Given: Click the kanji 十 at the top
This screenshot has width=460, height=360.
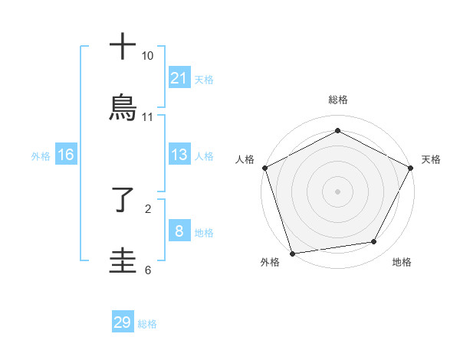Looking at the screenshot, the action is (123, 47).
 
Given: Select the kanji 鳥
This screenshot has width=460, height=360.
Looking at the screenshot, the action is (123, 108).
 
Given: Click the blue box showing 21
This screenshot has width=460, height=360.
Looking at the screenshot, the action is (179, 78).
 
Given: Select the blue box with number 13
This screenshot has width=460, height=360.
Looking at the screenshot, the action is (179, 155).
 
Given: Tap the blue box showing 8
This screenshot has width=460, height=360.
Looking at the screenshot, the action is (179, 231).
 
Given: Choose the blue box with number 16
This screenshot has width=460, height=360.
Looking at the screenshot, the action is (66, 155).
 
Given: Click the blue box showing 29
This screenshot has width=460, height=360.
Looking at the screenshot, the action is (123, 322).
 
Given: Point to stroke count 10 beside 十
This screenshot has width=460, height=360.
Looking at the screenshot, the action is (147, 56).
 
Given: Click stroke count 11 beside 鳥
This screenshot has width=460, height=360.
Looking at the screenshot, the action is (147, 116).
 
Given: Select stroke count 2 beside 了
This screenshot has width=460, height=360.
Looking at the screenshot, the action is (147, 208).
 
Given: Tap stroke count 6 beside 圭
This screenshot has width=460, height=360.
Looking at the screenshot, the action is (147, 269).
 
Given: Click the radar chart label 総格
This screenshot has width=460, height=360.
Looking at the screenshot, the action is (337, 100).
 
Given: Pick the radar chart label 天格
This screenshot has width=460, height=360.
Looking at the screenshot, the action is (432, 159).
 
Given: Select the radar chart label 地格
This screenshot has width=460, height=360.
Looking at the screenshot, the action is (402, 263).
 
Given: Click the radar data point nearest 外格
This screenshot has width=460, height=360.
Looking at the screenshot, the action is (292, 253).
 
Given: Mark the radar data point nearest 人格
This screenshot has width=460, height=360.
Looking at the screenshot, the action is (264, 167).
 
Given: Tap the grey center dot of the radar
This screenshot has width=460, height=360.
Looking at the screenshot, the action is (337, 191).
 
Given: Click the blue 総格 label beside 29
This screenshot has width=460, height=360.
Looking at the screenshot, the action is (147, 324).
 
